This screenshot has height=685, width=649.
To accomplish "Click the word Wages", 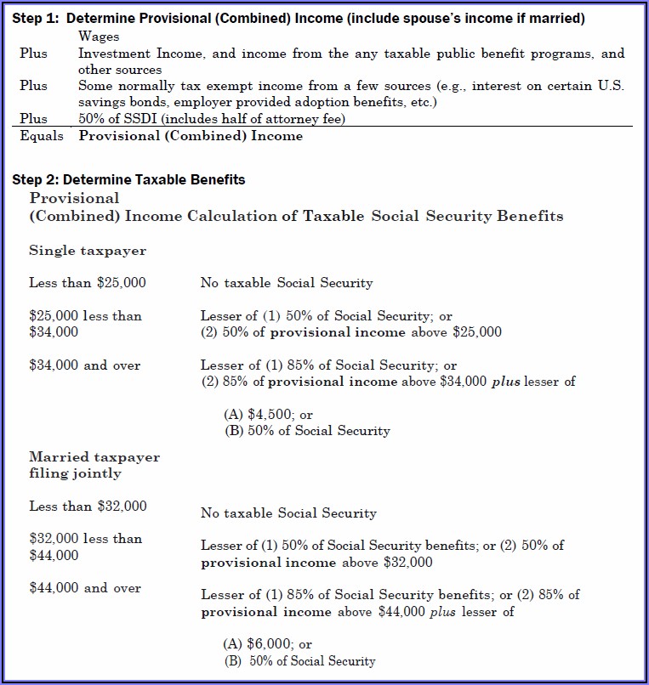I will pos(99,37).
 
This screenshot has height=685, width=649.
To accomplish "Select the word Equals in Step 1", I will pos(41,135).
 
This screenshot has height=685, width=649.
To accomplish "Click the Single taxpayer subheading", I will pos(88,251).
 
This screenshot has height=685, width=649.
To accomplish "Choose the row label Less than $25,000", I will pos(88,282).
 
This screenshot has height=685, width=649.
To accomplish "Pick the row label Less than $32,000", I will pos(88,507).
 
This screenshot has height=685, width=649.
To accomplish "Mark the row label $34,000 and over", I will pos(85,365).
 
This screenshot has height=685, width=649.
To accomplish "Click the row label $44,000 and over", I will pos(85,588).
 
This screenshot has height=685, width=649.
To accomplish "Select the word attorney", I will pos(287,119).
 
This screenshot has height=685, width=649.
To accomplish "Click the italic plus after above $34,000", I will pos(508,382).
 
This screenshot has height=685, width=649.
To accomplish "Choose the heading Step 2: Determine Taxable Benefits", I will pos(128,179).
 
